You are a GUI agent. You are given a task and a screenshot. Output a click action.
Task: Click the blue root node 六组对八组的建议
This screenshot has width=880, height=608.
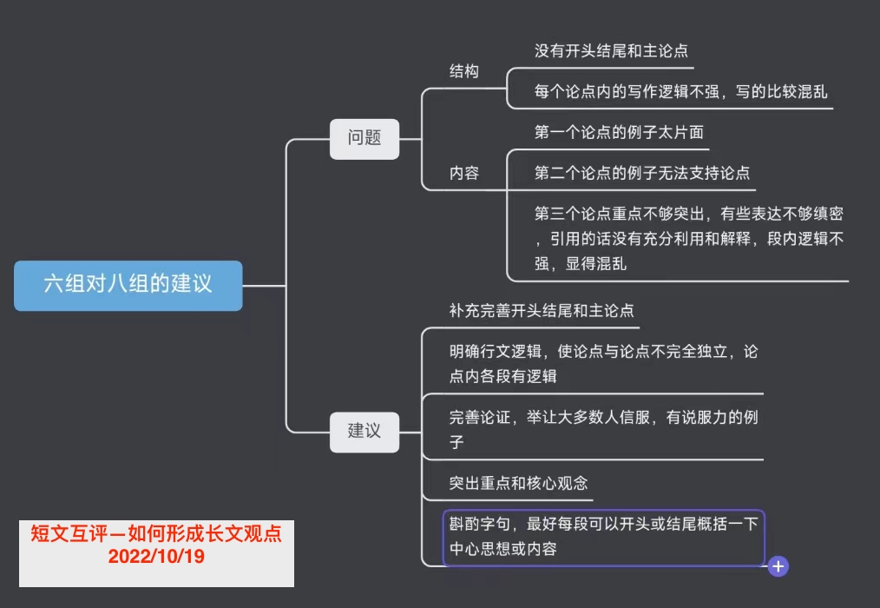pos(128,285)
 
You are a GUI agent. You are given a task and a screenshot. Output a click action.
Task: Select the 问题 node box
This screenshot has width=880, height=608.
pos(364,138)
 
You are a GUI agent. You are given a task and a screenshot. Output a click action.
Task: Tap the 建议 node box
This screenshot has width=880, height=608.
pos(364,431)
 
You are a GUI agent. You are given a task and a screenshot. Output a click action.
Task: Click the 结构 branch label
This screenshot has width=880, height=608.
pos(464,72)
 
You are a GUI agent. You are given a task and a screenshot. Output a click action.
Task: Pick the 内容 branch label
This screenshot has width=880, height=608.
pos(464,174)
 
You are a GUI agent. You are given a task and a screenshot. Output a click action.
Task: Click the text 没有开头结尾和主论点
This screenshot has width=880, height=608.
pos(611,51)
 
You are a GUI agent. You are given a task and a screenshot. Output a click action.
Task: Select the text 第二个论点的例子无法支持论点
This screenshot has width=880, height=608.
pos(642,174)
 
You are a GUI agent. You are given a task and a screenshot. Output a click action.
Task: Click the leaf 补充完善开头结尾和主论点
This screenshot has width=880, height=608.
pos(542,310)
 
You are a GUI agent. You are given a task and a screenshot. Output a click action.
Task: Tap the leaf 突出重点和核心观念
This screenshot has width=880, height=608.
pos(519,483)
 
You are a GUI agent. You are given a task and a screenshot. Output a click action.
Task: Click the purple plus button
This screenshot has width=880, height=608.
pos(778,566)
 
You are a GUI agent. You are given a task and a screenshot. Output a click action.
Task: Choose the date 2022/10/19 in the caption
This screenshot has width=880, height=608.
pos(156,557)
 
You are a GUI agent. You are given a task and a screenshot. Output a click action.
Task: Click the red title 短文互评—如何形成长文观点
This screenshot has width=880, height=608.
pos(156,534)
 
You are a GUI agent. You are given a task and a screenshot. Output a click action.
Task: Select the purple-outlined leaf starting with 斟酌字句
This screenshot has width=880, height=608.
pos(603,537)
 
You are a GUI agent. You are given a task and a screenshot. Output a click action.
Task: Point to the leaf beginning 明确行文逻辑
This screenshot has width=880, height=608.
pos(603,364)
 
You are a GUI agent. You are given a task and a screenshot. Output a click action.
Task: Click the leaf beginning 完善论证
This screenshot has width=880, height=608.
pos(603,429)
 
